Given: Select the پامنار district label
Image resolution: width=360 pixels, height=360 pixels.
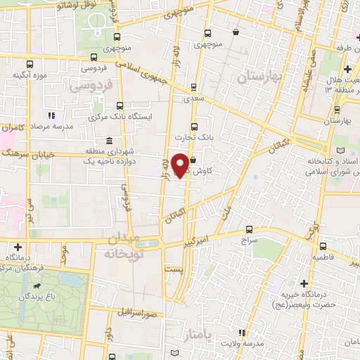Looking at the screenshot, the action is click(x=196, y=332).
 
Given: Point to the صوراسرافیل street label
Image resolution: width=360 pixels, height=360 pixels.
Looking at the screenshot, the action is click(x=143, y=311).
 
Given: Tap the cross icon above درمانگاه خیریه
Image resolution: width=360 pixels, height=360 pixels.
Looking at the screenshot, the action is click(x=304, y=283).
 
